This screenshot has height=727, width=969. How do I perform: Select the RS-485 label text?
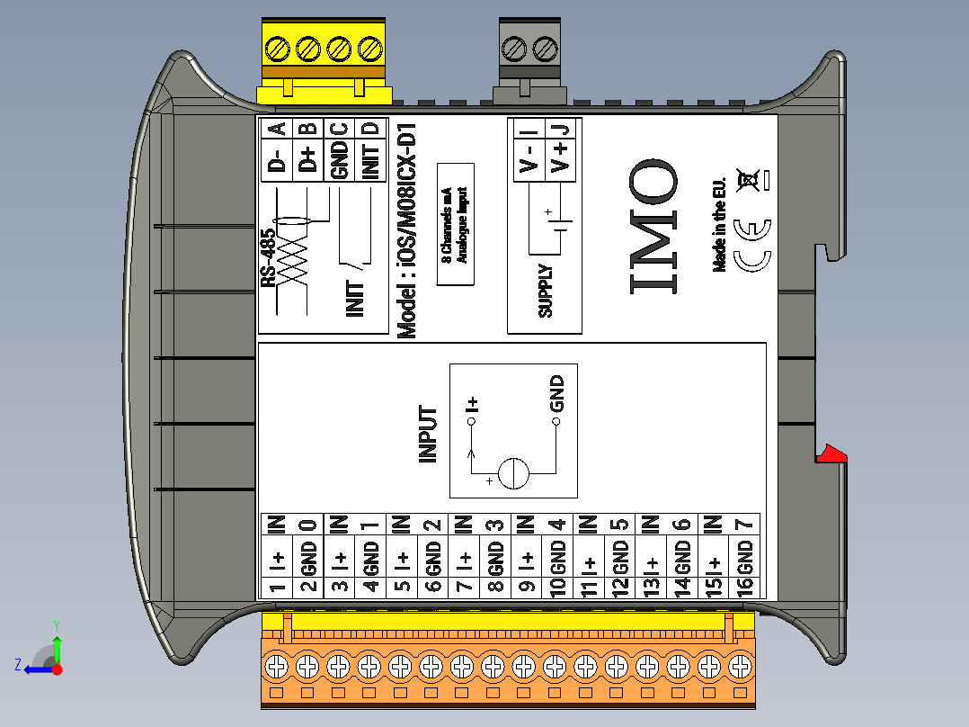click(268, 258)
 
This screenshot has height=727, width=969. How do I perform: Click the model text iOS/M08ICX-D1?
click(408, 230)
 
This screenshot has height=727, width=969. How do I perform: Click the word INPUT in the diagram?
click(429, 435)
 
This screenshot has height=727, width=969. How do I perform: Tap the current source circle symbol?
click(514, 473)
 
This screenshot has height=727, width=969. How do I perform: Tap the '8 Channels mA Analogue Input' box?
click(455, 224)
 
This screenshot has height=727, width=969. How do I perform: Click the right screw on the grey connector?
click(544, 48)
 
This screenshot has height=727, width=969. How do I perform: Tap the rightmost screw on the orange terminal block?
click(741, 667)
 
